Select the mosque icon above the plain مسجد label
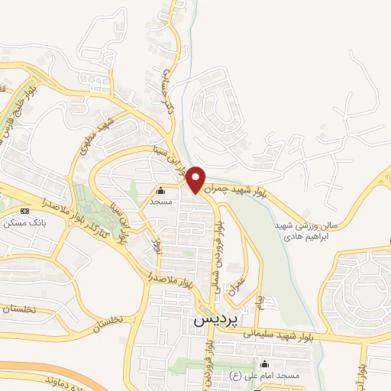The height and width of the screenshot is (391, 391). tap(160, 191)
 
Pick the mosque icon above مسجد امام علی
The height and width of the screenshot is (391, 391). tap(265, 364)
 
